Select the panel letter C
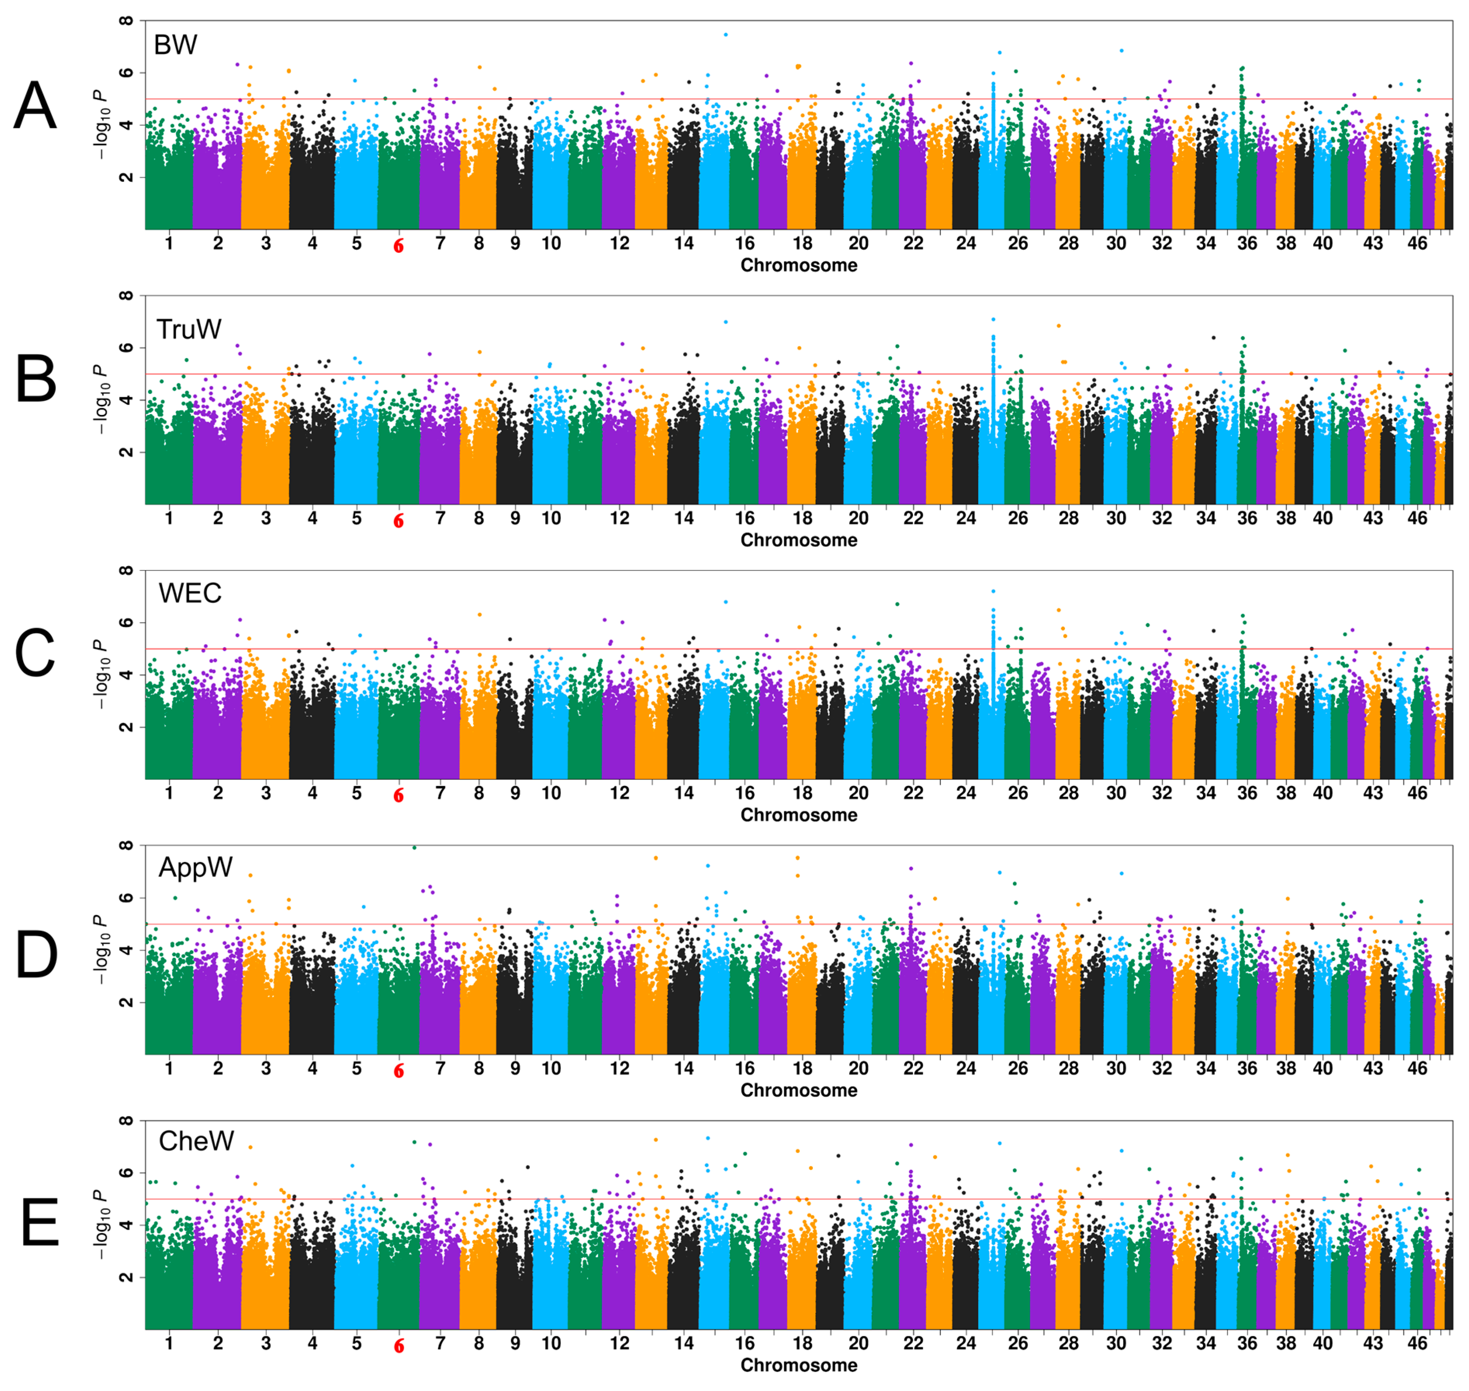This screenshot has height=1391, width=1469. click(x=35, y=653)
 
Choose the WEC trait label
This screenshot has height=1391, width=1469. click(x=190, y=593)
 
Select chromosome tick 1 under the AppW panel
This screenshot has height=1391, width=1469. click(x=169, y=1068)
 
